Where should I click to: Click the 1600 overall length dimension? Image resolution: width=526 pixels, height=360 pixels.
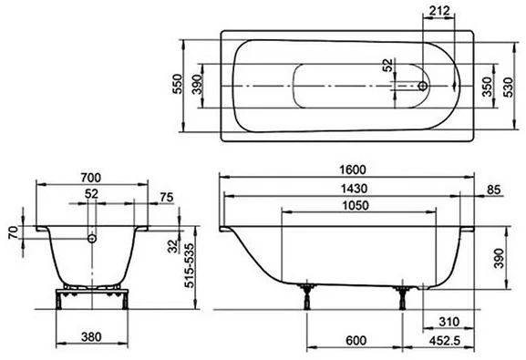353,170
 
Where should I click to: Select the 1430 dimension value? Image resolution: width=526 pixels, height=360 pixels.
355,189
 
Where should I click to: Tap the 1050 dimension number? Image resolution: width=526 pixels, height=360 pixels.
356,205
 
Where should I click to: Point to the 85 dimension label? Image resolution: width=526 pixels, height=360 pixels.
493,190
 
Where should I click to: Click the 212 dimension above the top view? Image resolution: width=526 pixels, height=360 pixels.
439,11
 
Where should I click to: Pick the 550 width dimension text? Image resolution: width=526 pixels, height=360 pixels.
177,84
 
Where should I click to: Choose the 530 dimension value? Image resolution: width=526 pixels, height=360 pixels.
509,87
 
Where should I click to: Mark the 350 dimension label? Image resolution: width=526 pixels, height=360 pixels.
487,87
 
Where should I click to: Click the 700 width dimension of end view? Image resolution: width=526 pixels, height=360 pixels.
90,178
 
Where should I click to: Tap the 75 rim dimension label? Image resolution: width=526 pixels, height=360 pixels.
167,198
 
